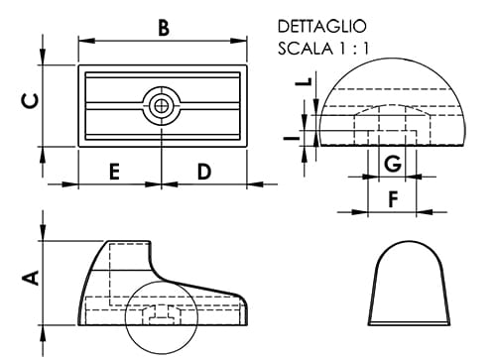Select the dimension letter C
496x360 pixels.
tap(31, 100)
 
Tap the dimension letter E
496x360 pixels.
tap(114, 172)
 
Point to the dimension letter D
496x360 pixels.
tap(203, 172)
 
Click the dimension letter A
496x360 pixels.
tap(31, 279)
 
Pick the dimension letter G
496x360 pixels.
tap(392, 163)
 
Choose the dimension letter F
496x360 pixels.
tap(392, 199)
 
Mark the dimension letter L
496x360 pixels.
tap(308, 84)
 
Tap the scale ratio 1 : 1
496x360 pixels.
tap(350, 48)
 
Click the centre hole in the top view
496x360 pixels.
tap(161, 103)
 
